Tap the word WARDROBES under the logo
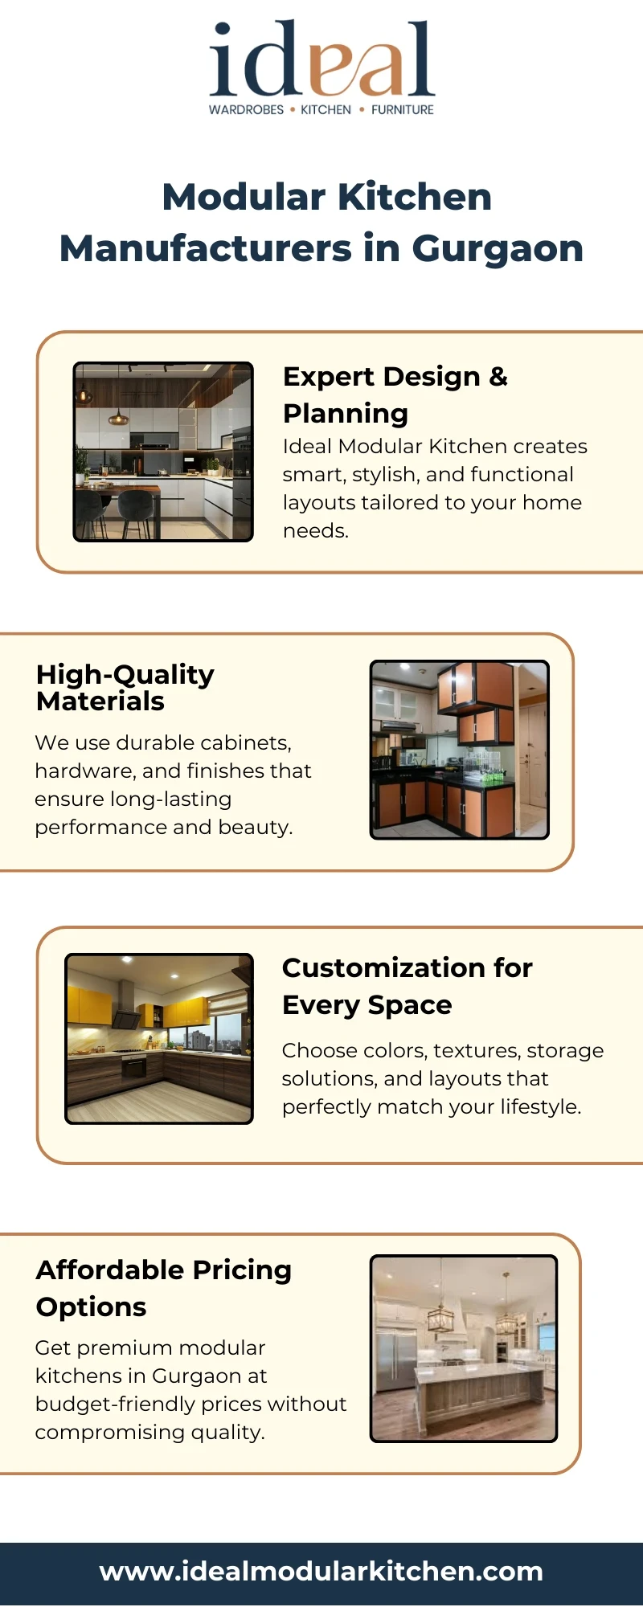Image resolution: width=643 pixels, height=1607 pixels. click(x=246, y=110)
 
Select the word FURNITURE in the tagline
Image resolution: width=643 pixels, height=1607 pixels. click(x=402, y=110)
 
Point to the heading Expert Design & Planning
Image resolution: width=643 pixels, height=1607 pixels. click(x=395, y=395)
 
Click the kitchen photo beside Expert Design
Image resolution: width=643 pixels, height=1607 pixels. click(x=163, y=452)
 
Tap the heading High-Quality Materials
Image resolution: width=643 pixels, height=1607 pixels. click(x=125, y=688)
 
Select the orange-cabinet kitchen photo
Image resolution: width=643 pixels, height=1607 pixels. click(x=460, y=750)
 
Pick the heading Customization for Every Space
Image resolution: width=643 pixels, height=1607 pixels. click(x=408, y=986)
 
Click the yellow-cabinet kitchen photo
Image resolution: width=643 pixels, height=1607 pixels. click(x=159, y=1038)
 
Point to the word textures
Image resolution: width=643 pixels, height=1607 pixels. click(x=476, y=1051)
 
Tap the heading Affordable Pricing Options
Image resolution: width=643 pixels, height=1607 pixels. click(x=164, y=1288)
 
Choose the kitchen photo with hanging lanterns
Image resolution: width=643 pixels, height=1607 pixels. click(x=464, y=1348)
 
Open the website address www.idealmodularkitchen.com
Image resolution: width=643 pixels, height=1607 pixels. click(x=321, y=1571)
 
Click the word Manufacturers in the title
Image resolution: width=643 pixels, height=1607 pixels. click(x=206, y=248)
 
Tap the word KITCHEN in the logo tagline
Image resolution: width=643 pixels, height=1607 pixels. click(x=326, y=110)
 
